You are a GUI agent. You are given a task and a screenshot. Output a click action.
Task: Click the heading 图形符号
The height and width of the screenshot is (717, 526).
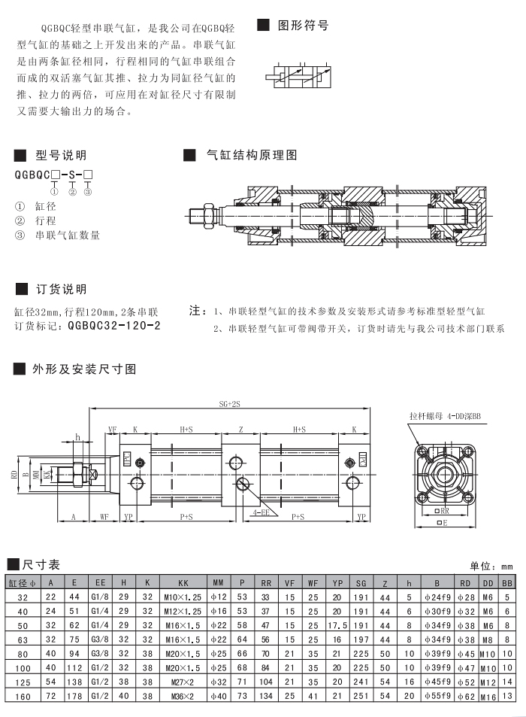point(304,25)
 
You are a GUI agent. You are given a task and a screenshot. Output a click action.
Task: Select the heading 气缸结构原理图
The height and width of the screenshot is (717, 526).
point(252,155)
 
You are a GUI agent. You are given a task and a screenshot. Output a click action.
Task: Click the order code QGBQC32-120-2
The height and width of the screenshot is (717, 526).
point(113,326)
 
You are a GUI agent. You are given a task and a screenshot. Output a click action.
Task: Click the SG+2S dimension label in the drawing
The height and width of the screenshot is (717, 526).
point(230,404)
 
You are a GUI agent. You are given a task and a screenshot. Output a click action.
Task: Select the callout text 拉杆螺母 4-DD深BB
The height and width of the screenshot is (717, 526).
point(445,415)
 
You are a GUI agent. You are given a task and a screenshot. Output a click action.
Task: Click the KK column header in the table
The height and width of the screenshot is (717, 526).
point(183,582)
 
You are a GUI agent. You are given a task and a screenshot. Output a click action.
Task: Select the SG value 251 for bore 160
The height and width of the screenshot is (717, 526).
point(361,695)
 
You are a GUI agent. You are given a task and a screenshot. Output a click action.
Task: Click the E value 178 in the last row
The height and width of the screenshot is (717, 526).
point(74,695)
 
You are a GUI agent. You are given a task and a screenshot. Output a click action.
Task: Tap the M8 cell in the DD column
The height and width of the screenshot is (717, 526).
point(488,639)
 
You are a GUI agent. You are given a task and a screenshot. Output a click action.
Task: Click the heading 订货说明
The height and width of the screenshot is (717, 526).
point(61,290)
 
